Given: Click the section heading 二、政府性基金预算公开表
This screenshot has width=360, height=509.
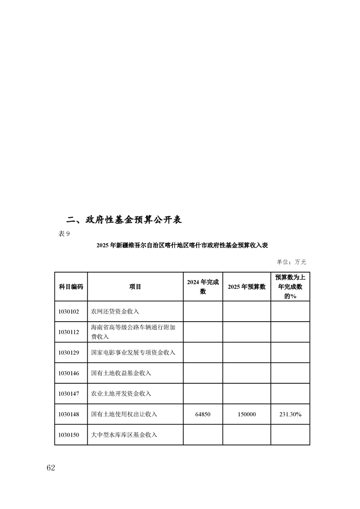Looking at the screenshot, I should click(124, 220).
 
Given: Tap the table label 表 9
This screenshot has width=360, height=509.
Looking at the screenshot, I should click(64, 234).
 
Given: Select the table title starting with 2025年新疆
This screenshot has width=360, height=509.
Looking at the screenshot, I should click(182, 245).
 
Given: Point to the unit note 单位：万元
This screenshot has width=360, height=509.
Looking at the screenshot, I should click(291, 262).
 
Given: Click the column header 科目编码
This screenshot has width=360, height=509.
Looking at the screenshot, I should click(71, 287).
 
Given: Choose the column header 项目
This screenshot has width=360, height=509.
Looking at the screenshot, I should click(135, 287).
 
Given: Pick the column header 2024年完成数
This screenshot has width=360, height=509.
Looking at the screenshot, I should click(202, 287).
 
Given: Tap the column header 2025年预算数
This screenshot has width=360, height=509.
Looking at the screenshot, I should click(246, 287).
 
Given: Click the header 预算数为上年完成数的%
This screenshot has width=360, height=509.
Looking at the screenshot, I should click(290, 286).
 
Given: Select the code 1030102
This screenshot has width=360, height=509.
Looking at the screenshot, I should click(69, 312).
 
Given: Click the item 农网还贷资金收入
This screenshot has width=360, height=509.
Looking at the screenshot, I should click(115, 312).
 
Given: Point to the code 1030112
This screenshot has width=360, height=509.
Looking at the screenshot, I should click(69, 332).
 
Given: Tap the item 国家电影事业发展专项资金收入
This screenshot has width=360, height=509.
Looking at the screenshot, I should click(133, 352).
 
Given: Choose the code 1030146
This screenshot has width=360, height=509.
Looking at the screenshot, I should click(69, 373).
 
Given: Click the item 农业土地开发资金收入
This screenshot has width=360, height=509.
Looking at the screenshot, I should click(121, 394).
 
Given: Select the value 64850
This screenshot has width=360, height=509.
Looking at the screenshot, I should click(202, 414).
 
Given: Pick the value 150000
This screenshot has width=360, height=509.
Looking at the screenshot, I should click(247, 414).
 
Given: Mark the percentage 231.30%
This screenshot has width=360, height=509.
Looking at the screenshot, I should click(290, 414).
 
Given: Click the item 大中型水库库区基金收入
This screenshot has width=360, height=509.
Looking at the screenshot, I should click(124, 435).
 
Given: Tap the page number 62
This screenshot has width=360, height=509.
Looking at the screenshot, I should click(50, 468).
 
